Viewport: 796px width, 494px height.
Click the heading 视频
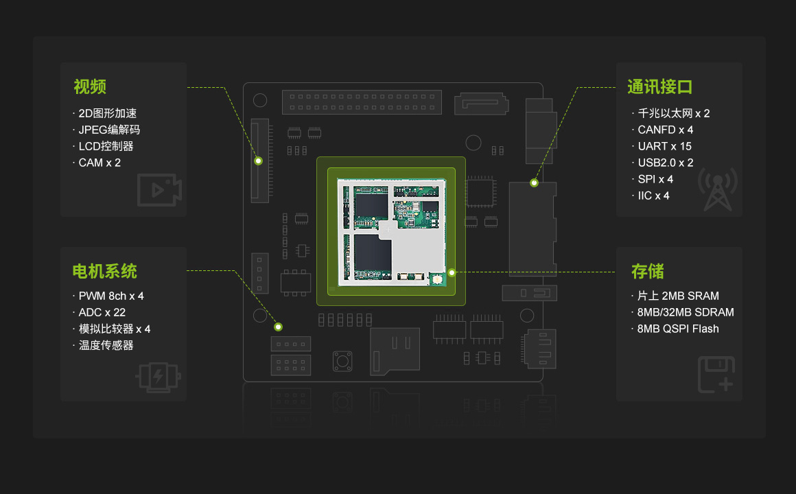coord(90,87)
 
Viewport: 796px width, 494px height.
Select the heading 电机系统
coord(105,271)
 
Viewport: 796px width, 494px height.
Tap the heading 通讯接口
coord(659,87)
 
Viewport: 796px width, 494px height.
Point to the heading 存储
coord(647,271)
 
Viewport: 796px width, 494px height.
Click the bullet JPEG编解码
coord(109,130)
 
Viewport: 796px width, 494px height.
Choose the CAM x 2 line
coord(99,163)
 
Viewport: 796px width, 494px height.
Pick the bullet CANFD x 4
coord(666,130)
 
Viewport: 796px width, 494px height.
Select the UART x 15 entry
coord(664,146)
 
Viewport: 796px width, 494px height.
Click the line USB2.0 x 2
coord(666,163)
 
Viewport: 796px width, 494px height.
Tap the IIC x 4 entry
coord(653,196)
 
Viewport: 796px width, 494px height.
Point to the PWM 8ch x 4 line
coord(111,296)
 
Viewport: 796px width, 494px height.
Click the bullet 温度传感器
coord(106,345)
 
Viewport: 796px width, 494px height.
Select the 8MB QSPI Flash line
coord(678,329)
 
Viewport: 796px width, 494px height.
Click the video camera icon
coord(159,190)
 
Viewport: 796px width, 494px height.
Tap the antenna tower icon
coord(718,189)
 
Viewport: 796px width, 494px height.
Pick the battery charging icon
coord(159,377)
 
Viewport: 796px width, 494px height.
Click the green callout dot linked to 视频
coord(259,161)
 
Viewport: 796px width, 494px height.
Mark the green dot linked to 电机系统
coord(279,327)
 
